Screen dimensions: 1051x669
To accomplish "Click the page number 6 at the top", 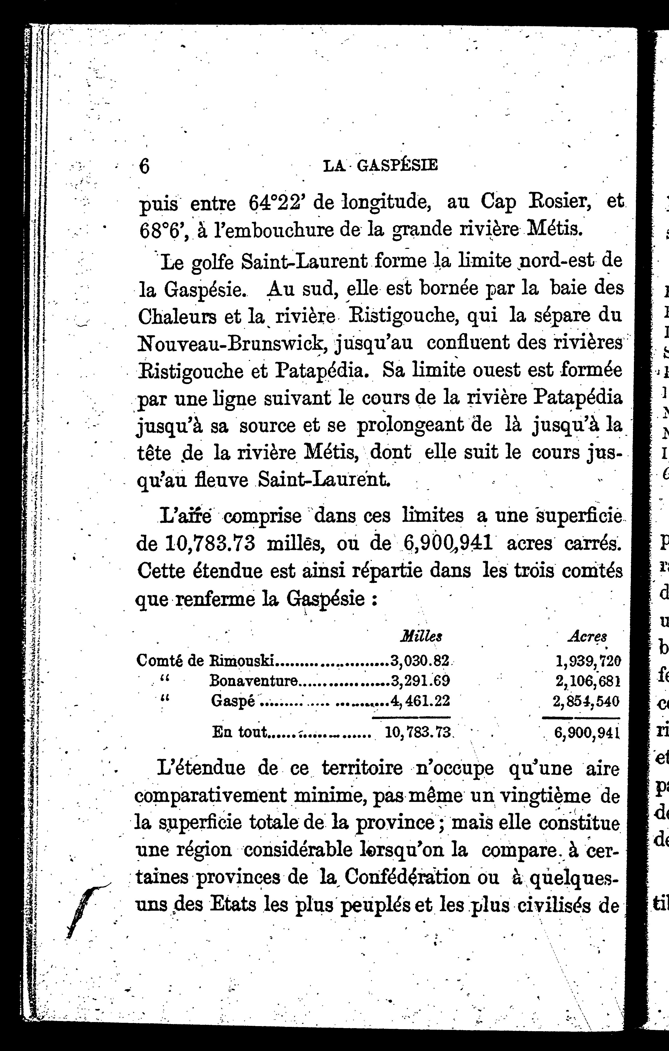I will coord(144,166).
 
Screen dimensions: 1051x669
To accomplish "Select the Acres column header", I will coord(587,637).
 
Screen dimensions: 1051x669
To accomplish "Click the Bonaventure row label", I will coord(254,680).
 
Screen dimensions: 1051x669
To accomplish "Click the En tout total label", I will coord(239,732).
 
